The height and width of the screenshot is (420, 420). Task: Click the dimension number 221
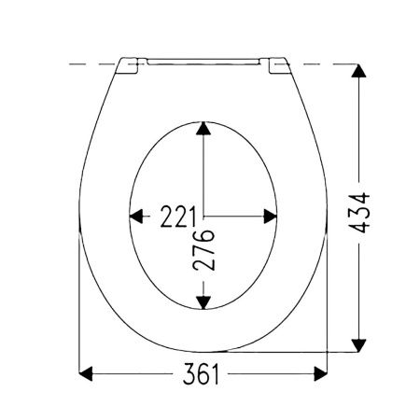[x=178, y=217]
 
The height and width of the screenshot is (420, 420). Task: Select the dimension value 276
[x=203, y=250]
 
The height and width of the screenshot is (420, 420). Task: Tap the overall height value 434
[x=358, y=213]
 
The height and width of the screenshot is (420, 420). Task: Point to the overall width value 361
[x=201, y=373]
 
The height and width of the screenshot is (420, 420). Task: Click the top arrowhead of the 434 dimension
[x=358, y=71]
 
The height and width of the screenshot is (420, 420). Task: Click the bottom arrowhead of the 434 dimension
[x=358, y=345]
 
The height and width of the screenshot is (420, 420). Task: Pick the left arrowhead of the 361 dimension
[x=86, y=373]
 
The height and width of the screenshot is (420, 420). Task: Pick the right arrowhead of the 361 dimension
[x=320, y=373]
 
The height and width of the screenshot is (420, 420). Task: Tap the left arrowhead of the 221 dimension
[x=136, y=217]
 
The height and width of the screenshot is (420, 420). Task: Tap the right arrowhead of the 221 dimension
[x=270, y=217]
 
